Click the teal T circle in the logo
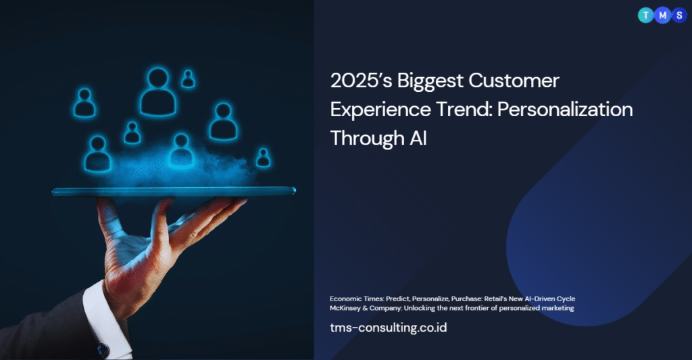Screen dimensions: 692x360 (x=645, y=16)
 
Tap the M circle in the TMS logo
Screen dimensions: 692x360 (x=662, y=16)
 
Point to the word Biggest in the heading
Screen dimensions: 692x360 (x=430, y=82)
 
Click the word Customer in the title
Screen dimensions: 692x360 (x=514, y=81)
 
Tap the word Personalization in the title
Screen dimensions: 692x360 (x=565, y=110)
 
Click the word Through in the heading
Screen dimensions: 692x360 (x=367, y=139)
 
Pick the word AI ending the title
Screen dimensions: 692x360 (x=418, y=138)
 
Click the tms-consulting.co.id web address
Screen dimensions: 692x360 (x=389, y=328)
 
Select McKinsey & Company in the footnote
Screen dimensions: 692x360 (x=365, y=308)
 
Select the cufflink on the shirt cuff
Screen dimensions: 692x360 (x=103, y=351)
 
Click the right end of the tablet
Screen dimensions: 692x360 (x=295, y=191)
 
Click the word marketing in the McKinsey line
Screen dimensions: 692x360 (x=558, y=309)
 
